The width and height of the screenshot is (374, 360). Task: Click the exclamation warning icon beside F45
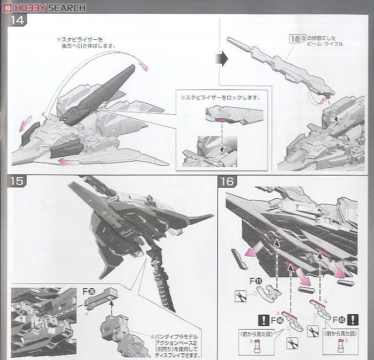click(x=353, y=319)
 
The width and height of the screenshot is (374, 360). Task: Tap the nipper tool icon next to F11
click(x=241, y=295)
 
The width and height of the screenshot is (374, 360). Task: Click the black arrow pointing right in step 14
click(x=224, y=59)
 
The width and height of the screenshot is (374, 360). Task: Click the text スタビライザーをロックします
click(x=220, y=97)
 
